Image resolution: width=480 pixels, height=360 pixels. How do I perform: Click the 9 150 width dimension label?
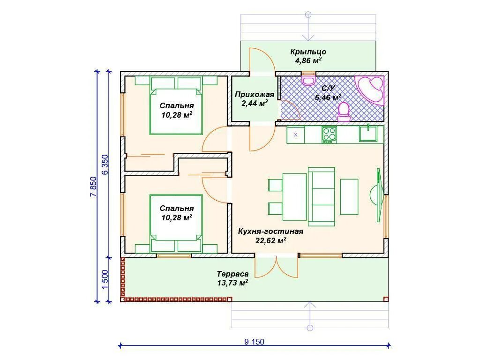point(254,341)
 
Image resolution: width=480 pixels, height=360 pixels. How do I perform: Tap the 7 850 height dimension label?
point(94,187)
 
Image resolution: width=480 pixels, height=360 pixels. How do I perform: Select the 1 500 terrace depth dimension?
point(105,279)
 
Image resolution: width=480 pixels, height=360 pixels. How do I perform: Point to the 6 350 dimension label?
point(105,165)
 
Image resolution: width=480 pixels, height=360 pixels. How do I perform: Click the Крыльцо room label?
point(308,52)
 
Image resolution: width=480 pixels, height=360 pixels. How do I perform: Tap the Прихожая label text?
point(255,94)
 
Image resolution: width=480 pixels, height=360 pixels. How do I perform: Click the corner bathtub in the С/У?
point(369,90)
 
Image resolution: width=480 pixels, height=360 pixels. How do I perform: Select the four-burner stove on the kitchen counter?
point(329,135)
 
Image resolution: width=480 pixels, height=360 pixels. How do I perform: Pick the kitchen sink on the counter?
point(368,133)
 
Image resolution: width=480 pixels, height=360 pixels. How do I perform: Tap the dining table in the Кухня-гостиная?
point(294,197)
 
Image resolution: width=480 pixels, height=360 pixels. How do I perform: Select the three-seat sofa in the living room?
point(322,196)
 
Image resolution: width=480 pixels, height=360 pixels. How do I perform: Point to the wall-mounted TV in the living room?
point(379,195)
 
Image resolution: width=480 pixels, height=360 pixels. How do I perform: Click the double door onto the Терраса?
point(277,266)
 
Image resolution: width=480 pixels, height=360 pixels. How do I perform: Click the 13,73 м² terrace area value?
point(232,283)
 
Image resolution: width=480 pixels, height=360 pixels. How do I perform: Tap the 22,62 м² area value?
point(271,240)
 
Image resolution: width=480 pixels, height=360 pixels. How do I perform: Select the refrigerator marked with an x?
point(296,135)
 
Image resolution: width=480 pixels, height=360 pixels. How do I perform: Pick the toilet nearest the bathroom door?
point(344,112)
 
